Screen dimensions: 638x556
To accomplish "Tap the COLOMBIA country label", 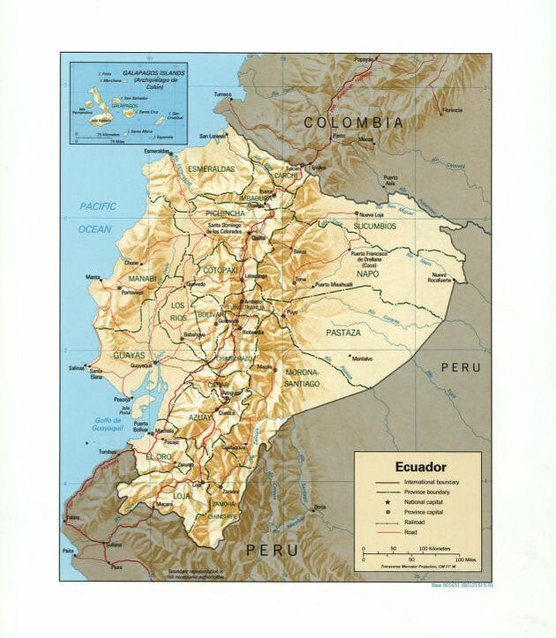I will pyautogui.click(x=354, y=123).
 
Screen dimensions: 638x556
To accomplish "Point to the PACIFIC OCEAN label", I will pyautogui.click(x=97, y=217).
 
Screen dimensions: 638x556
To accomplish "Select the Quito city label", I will pyautogui.click(x=259, y=237).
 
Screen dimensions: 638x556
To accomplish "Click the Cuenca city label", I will pyautogui.click(x=229, y=411).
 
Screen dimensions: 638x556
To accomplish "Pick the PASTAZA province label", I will pyautogui.click(x=343, y=333).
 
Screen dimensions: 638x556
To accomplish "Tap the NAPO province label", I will pyautogui.click(x=367, y=274).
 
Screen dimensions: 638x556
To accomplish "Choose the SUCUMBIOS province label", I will pyautogui.click(x=376, y=226).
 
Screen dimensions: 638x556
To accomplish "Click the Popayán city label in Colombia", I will pyautogui.click(x=364, y=59).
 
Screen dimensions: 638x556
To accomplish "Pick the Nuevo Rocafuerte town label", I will pyautogui.click(x=440, y=278).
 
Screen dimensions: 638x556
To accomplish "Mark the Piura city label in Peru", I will pyautogui.click(x=116, y=567).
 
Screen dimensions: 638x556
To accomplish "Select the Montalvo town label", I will pyautogui.click(x=362, y=357).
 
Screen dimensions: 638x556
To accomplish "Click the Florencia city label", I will pyautogui.click(x=452, y=110).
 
